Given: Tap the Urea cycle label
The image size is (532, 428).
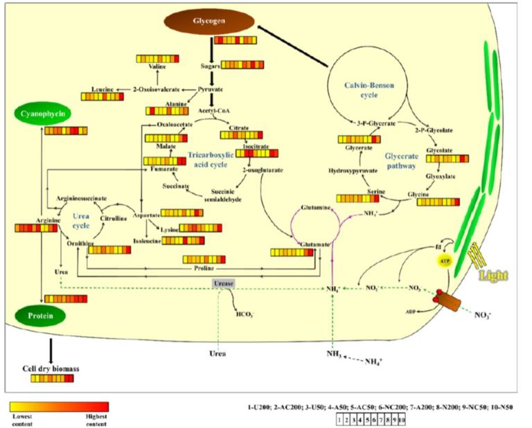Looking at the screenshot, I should point(82,220).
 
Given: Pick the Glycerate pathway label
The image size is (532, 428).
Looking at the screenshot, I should point(400,161).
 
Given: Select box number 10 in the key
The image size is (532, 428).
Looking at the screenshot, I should point(400,420).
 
